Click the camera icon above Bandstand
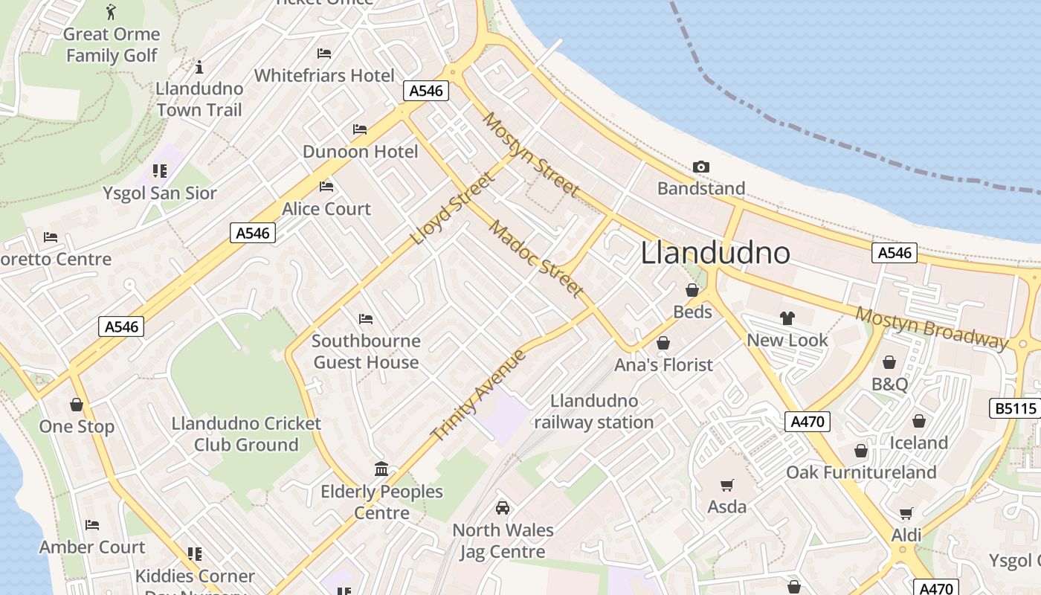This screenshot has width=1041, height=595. tap(700, 167)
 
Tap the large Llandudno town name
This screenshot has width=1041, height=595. tap(715, 253)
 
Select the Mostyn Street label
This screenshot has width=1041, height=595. tap(530, 155)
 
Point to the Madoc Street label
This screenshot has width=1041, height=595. tap(535, 259)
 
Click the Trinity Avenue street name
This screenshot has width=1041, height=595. tap(479, 395)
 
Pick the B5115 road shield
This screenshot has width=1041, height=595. tap(1015, 408)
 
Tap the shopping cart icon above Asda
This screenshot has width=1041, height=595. tap(726, 485)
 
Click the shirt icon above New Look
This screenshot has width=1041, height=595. tap(787, 318)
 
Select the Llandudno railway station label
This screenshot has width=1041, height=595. tap(593, 411)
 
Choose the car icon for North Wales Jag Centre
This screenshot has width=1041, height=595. tap(503, 508)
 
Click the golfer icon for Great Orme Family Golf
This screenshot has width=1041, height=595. tap(112, 12)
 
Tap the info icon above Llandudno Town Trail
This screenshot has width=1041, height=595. tap(199, 68)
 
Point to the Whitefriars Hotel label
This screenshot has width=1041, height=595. tap(324, 75)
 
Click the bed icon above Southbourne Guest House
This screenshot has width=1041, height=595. tap(365, 319)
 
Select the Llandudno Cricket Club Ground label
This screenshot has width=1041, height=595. tap(246, 434)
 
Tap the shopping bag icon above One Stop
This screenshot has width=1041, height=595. tap(76, 405)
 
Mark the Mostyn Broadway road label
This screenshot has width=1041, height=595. tap(930, 327)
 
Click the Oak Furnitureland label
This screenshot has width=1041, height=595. tap(861, 472)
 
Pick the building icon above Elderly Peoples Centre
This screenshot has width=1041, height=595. tap(381, 469)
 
